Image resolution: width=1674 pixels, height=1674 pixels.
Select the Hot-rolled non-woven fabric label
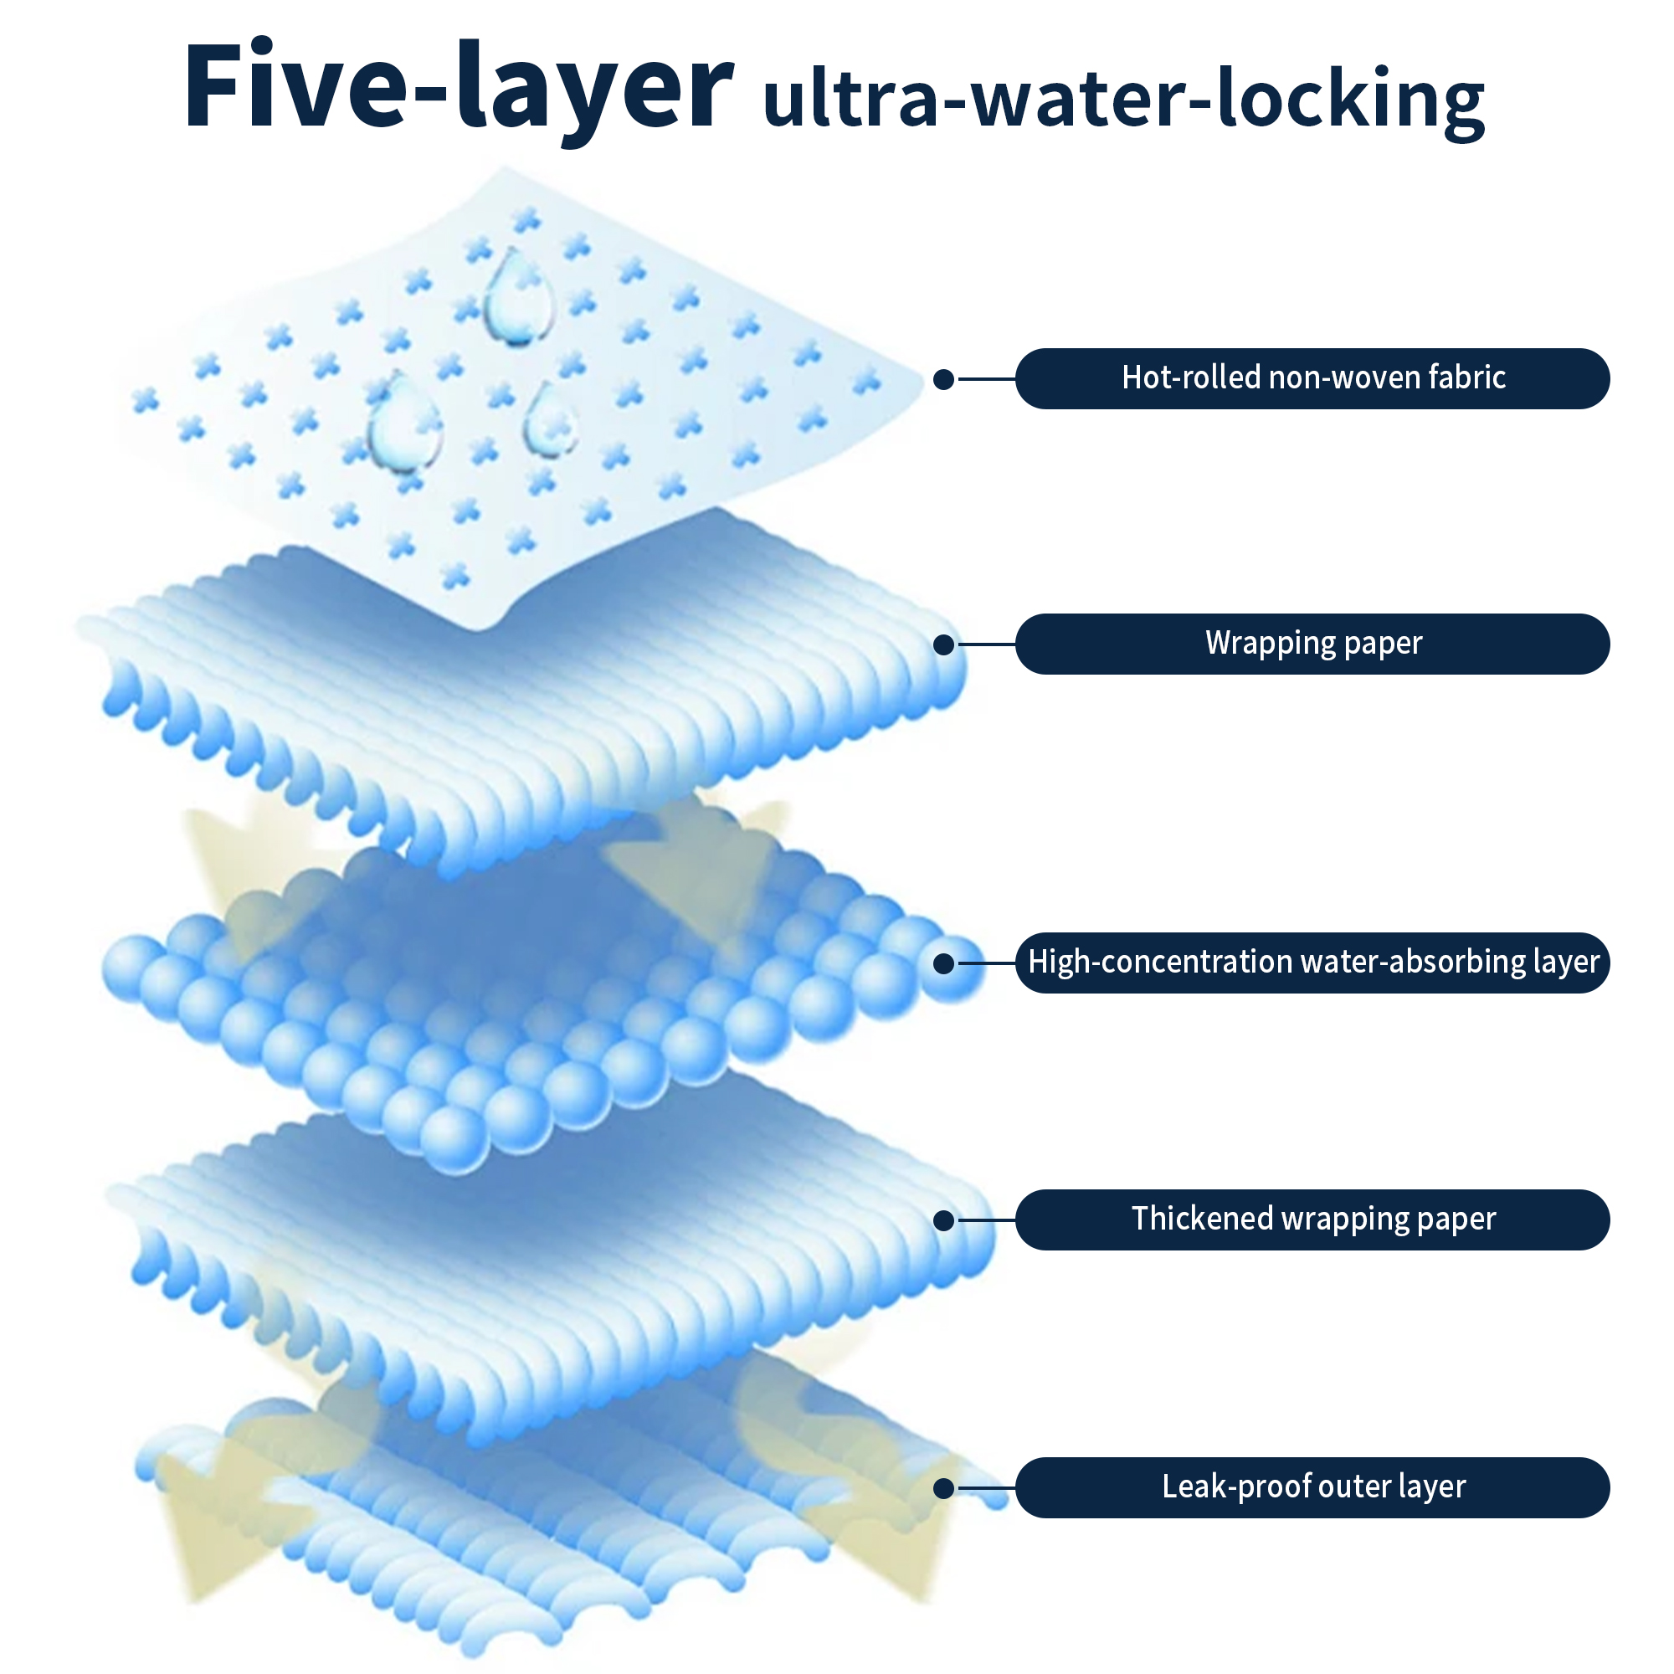click(x=1312, y=378)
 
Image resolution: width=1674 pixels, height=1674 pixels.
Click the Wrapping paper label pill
click(x=1312, y=644)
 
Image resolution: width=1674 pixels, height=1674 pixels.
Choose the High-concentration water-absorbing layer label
click(x=1312, y=963)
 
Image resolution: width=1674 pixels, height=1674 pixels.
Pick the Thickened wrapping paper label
click(x=1312, y=1220)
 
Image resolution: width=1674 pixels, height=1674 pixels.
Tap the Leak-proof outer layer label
click(x=1312, y=1487)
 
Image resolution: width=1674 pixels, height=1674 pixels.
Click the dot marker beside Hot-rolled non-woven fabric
click(x=943, y=379)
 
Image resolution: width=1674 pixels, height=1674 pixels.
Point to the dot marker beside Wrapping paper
click(x=943, y=644)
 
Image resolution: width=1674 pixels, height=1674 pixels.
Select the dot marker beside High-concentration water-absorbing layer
click(x=943, y=963)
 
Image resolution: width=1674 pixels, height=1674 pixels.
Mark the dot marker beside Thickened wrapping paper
click(x=943, y=1220)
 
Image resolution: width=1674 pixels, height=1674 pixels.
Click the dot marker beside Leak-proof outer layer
click(x=943, y=1488)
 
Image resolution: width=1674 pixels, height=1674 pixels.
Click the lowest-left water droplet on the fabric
click(x=403, y=424)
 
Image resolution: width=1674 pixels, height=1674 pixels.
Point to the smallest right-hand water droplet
click(x=550, y=420)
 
